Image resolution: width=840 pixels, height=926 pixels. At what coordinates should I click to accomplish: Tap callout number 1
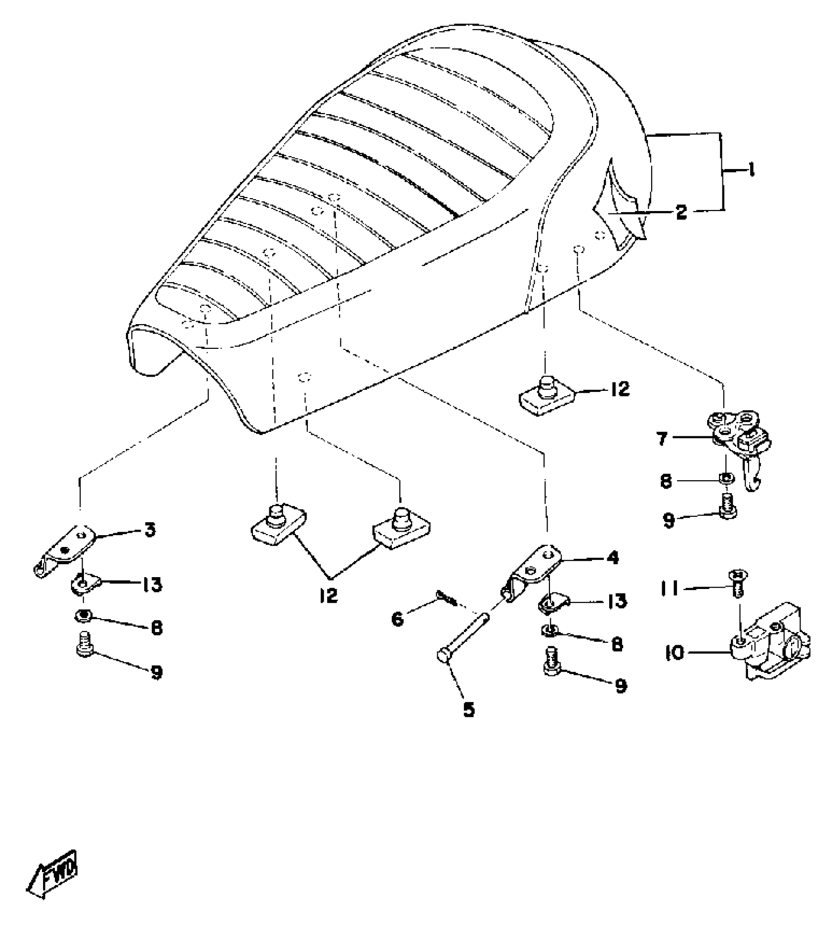(x=750, y=171)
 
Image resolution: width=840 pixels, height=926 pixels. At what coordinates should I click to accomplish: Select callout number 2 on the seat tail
(x=681, y=212)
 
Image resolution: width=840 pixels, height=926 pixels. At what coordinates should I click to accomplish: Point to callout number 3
(x=150, y=530)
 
